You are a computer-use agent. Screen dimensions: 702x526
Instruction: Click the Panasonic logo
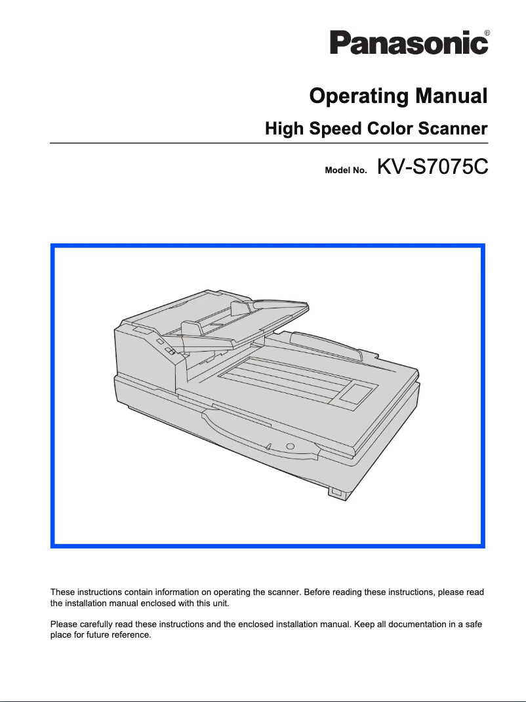pos(408,43)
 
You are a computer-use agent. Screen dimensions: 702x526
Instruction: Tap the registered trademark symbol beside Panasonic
pos(486,32)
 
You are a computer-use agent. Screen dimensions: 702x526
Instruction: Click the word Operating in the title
pos(358,97)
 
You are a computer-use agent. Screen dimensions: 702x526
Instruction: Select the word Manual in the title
pos(451,97)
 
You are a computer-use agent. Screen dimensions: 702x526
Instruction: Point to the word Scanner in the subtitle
pos(453,128)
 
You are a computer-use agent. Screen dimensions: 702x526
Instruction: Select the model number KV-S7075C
pos(432,169)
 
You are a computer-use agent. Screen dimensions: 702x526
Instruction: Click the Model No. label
pos(346,171)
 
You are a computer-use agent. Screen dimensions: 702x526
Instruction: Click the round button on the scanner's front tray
pos(291,445)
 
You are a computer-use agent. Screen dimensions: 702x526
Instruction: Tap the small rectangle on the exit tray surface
pos(357,394)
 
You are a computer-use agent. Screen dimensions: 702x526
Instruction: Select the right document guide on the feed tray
pos(241,308)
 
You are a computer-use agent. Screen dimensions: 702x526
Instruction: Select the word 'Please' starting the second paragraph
pos(63,624)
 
